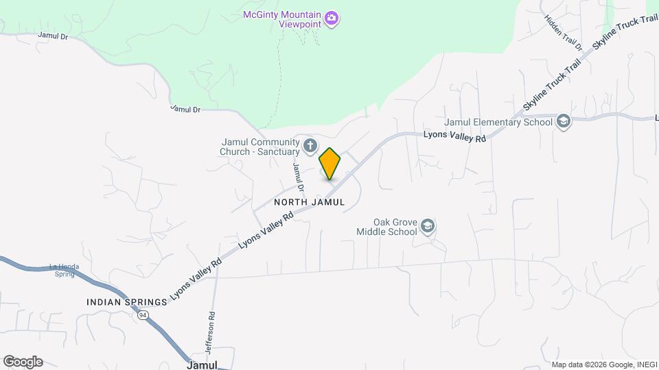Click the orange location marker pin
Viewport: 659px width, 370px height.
pos(330,163)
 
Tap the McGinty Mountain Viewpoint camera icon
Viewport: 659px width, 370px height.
pos(332,17)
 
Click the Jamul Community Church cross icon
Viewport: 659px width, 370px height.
pos(310,145)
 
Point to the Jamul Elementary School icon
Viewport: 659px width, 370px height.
pos(564,122)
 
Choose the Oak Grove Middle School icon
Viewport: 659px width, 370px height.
pos(428,226)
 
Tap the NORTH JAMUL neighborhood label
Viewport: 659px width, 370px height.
pos(308,202)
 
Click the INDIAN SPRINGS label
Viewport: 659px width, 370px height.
pos(127,302)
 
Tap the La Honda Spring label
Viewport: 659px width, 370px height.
pos(64,271)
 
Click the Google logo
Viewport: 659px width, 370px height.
pos(23,362)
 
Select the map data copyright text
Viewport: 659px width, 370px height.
pos(603,365)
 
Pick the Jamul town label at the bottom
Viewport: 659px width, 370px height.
pos(202,365)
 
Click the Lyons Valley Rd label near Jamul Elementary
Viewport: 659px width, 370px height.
pos(454,137)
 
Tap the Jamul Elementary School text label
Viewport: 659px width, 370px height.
pos(498,123)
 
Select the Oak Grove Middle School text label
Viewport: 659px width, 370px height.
pos(386,227)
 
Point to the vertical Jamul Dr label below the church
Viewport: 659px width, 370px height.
pos(298,175)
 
